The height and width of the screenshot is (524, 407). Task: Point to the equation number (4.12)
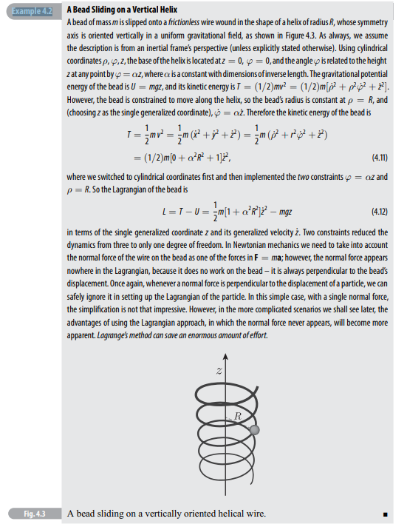tap(375, 211)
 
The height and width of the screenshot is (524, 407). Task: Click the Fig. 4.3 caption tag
tap(30, 513)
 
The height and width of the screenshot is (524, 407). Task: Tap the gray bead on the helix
tap(254, 430)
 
